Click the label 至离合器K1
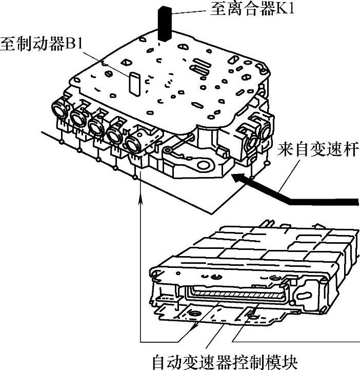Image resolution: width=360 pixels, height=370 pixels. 252,9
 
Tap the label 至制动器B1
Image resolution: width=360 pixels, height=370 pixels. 42,44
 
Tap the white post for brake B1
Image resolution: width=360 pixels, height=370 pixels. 135,84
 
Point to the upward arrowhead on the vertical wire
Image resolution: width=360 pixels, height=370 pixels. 141,198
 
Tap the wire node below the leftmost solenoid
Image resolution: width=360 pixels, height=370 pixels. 62,142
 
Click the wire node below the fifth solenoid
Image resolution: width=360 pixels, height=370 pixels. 135,177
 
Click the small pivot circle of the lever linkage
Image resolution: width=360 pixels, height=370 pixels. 168,150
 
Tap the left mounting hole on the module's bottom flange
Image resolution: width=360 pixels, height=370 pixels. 194,314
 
